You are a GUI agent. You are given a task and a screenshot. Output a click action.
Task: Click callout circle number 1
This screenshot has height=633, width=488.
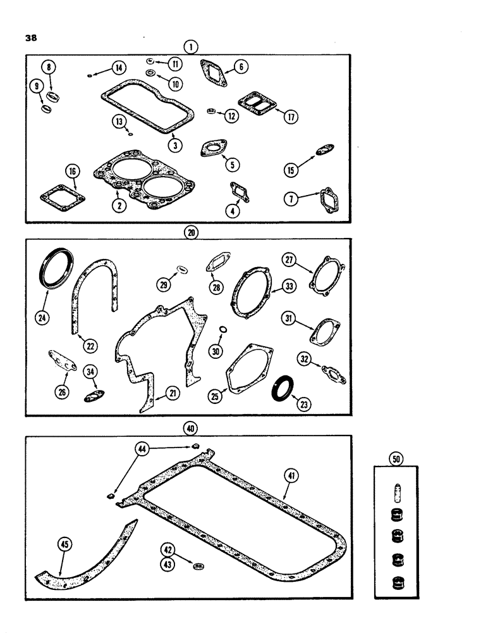pos(190,46)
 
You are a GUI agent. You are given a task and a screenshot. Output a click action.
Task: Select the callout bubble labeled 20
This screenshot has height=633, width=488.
pos(190,232)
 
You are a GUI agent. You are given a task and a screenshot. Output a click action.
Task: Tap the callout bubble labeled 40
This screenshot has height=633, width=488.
pos(189,429)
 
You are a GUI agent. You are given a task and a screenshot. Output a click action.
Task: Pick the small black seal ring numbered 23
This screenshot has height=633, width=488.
pos(282,387)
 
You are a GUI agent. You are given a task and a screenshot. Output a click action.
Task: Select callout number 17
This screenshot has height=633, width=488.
pos(290,117)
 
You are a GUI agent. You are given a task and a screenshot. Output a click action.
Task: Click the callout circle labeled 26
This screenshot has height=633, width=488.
pos(61,392)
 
